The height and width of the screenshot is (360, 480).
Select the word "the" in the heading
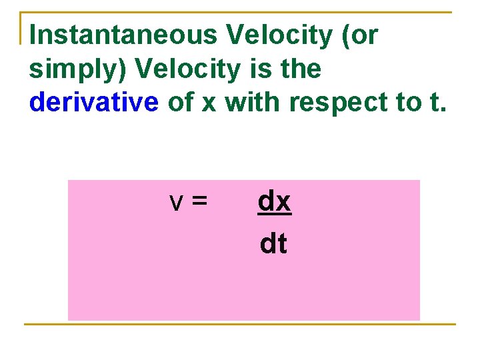(295, 69)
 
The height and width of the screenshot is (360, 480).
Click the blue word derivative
(94, 102)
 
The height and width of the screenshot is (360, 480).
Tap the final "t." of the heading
(435, 102)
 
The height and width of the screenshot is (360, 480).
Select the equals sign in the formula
(199, 202)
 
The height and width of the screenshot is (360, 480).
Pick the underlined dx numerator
(274, 201)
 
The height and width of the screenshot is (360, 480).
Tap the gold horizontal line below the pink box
(240, 325)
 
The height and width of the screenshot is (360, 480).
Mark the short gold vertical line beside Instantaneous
(21, 28)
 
